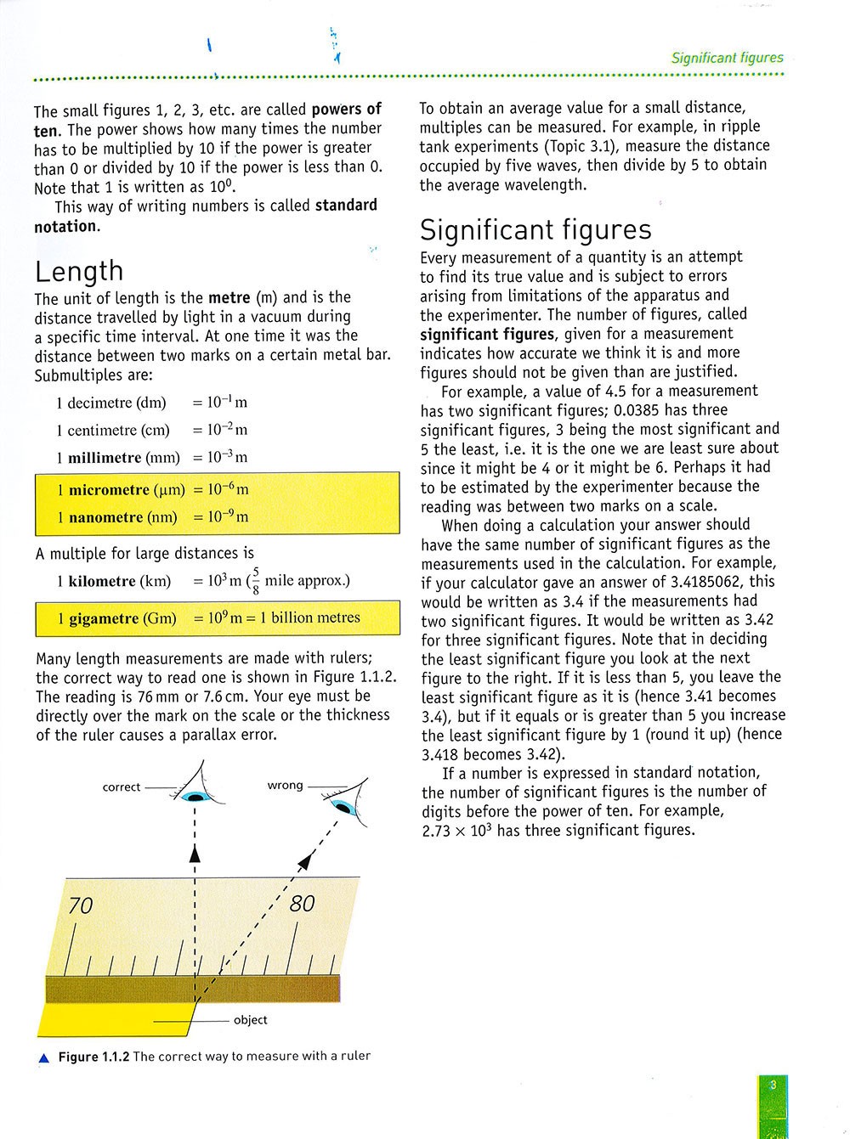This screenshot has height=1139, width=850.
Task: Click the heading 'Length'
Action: point(79,272)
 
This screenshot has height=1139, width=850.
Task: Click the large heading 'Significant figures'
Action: point(535,230)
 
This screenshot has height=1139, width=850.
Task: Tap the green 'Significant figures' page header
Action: point(727,59)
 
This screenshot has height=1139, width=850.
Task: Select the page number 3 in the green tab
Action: point(773,1085)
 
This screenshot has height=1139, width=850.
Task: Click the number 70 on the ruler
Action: point(80,906)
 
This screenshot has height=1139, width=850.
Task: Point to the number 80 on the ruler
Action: point(302,903)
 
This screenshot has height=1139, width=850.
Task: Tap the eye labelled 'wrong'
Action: point(344,805)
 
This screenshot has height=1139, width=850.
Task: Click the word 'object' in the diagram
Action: point(250,1020)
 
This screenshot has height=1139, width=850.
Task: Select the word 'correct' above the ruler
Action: point(121,787)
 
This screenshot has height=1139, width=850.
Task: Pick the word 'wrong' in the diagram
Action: point(285,786)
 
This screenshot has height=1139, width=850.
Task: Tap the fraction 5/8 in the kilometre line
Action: point(255,581)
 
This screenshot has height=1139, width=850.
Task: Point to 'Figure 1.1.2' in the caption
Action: point(93,1057)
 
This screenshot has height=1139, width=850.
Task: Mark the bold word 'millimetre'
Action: point(105,458)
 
